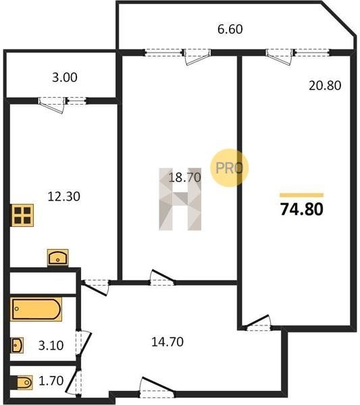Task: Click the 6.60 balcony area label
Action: (x=230, y=29)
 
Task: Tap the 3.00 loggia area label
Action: (x=65, y=78)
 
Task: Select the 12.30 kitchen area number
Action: (x=64, y=196)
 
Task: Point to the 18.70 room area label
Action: (x=184, y=178)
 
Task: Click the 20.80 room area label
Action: (x=325, y=86)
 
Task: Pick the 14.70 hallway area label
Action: (x=168, y=342)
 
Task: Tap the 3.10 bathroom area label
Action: (x=51, y=346)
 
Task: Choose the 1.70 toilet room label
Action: (x=51, y=381)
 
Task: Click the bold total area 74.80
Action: (x=302, y=209)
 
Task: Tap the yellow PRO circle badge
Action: (x=229, y=167)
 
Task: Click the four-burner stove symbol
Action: (x=22, y=215)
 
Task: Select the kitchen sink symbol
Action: (x=57, y=257)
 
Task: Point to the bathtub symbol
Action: (x=36, y=309)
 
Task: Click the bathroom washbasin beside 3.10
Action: (x=17, y=346)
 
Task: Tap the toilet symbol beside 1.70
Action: (x=24, y=382)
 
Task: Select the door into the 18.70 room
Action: (x=162, y=277)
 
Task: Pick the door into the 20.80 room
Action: (x=257, y=323)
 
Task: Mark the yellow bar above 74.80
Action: (x=302, y=195)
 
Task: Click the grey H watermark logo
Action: (x=180, y=199)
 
